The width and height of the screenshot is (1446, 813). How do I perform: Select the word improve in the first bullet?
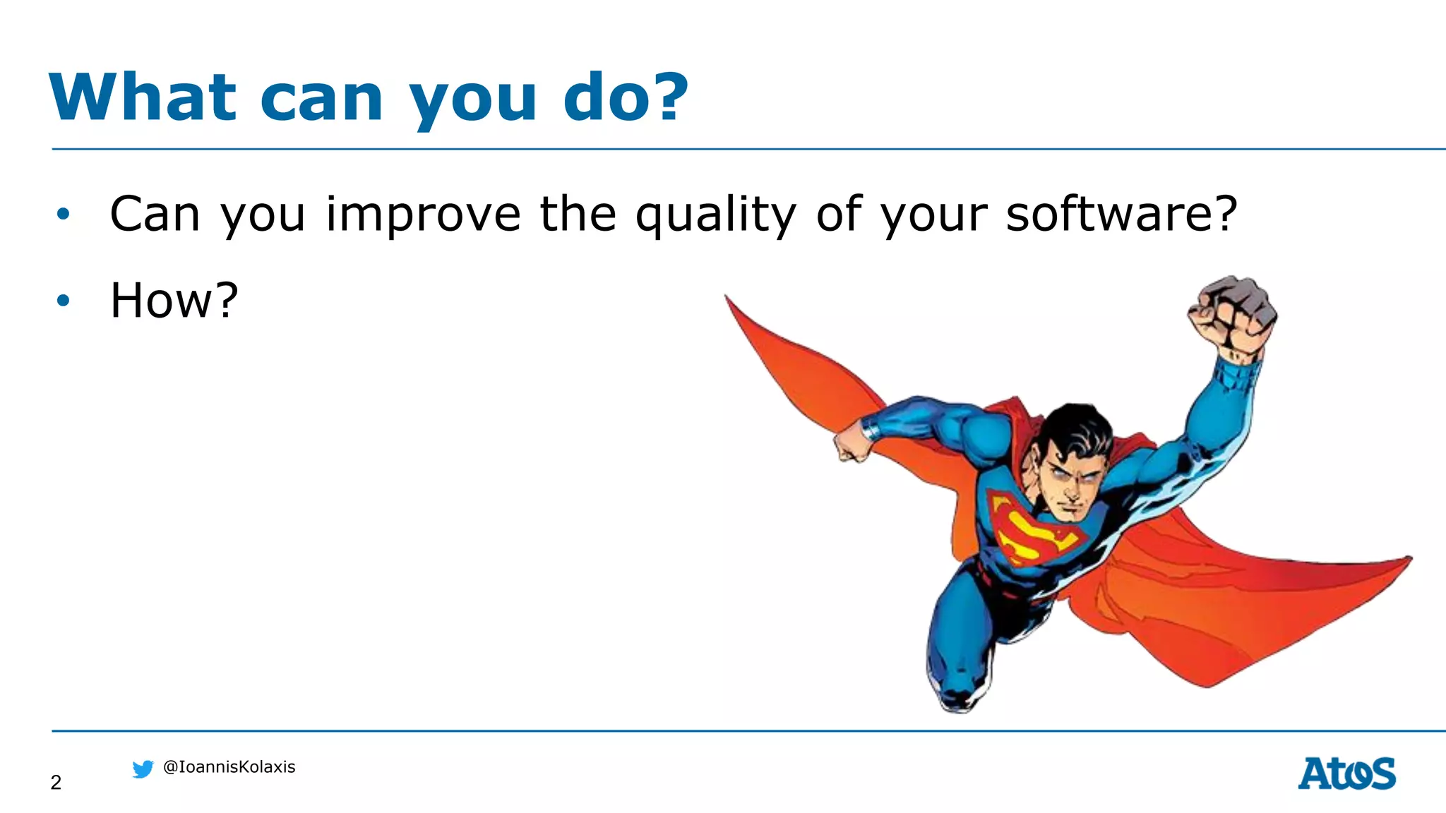[422, 215]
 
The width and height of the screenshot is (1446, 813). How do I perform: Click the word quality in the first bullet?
[715, 215]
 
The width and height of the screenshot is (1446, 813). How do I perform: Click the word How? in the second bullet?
[174, 301]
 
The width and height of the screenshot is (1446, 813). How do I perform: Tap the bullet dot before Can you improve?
[64, 214]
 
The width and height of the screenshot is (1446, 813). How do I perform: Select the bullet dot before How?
[64, 301]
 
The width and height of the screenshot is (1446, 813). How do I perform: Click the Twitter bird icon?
[143, 769]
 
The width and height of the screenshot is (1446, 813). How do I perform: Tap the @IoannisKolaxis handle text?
[229, 767]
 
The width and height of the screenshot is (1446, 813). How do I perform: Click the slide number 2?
[56, 782]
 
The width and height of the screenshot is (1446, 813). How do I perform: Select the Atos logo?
[1346, 773]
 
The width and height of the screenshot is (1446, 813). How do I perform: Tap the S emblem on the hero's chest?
[1031, 531]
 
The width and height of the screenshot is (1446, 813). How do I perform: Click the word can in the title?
[321, 99]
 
